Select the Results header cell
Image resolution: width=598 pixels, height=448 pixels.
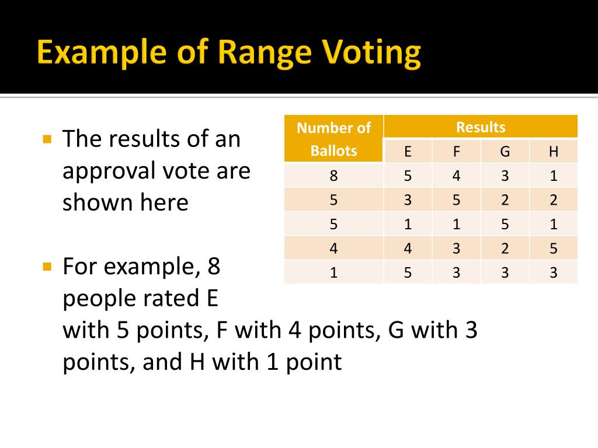(481, 127)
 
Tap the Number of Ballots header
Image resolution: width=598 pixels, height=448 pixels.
(333, 139)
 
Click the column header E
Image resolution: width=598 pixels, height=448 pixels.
(408, 152)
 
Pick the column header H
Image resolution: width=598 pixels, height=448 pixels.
(554, 152)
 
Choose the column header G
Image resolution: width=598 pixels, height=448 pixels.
(505, 152)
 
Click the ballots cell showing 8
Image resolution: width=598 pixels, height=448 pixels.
(333, 176)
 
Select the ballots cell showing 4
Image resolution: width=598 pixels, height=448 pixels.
(333, 249)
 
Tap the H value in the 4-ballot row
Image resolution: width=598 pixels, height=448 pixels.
(554, 249)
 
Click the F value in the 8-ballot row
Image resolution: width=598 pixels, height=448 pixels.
(456, 176)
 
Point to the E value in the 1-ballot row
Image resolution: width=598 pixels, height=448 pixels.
(408, 272)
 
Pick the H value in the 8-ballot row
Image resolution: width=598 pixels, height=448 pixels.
(554, 176)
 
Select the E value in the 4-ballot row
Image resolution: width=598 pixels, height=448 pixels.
(408, 249)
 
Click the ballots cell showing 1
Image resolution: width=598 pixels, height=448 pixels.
(333, 272)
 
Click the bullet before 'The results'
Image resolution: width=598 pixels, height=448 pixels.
(48, 139)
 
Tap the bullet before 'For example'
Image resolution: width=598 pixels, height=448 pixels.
(48, 267)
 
